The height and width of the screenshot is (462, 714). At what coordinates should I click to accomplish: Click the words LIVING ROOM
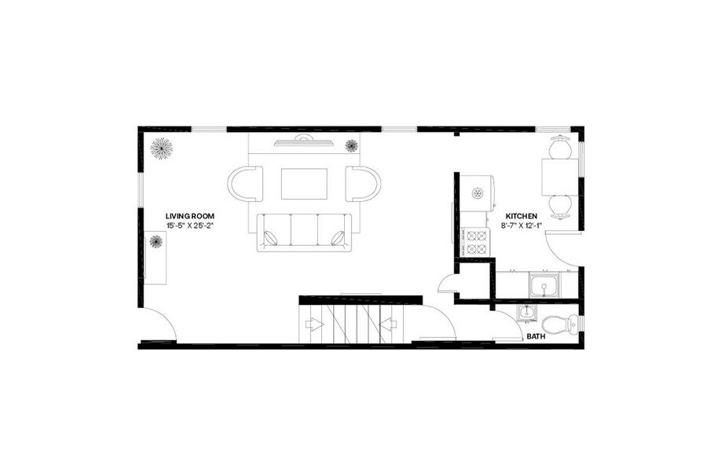tap(189, 215)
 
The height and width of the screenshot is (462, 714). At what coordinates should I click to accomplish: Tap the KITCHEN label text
tap(521, 215)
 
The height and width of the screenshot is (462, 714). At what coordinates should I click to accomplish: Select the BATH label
tap(536, 336)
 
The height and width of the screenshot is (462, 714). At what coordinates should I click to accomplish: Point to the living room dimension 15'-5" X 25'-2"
tap(190, 225)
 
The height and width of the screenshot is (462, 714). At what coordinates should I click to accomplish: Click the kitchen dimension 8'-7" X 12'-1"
tap(522, 225)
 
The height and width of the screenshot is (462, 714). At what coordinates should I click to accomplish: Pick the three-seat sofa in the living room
tap(303, 233)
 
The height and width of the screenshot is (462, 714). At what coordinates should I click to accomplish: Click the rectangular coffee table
tap(304, 184)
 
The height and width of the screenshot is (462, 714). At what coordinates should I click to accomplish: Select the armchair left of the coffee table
tap(244, 184)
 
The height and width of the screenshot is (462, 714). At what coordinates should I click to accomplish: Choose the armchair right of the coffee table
tap(363, 184)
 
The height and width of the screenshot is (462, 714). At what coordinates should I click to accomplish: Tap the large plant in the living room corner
tap(162, 148)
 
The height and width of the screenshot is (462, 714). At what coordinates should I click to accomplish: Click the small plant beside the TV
tap(352, 145)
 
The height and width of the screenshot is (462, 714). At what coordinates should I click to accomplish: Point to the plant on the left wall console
tap(156, 242)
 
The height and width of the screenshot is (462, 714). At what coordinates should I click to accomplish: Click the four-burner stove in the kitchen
tap(477, 243)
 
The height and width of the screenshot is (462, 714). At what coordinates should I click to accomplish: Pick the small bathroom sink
tap(525, 313)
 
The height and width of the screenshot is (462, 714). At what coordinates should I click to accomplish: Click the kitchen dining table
tap(560, 177)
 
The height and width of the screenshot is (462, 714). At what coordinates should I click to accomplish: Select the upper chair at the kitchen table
tap(560, 147)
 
